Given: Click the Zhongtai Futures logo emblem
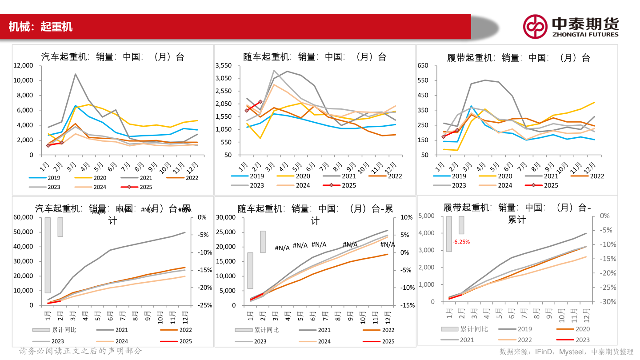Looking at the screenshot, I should (x=535, y=26).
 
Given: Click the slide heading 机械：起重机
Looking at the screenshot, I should (x=40, y=27).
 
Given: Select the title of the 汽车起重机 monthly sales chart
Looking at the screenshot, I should (x=112, y=57).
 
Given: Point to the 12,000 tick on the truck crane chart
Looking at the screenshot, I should (x=23, y=65).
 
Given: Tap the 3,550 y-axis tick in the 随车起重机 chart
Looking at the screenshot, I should (x=223, y=65).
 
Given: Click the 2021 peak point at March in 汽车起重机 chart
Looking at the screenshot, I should (x=76, y=74).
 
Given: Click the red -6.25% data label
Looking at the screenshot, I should (x=461, y=242).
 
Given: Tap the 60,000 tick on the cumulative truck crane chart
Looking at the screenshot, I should (x=23, y=217).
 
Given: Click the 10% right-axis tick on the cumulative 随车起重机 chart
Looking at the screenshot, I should (x=407, y=217).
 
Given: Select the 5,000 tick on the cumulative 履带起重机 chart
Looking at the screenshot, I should (x=427, y=216).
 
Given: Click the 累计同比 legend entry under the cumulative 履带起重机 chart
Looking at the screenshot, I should (x=465, y=329).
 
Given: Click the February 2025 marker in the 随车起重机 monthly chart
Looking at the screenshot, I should (x=260, y=102).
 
